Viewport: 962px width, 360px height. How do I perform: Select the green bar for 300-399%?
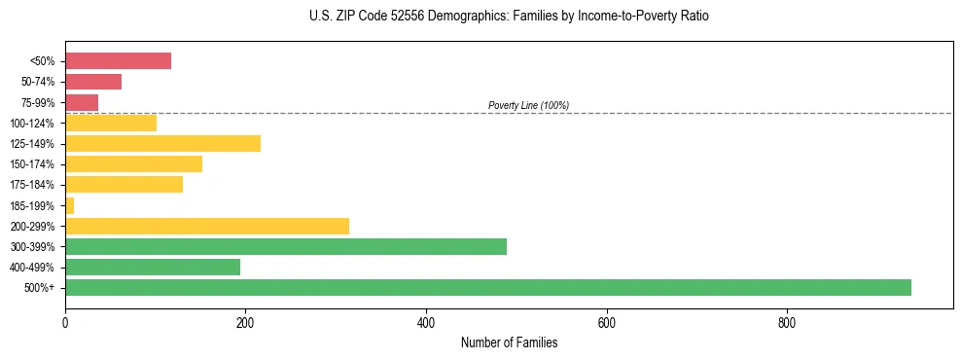(286, 246)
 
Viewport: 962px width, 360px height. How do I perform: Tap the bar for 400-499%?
(153, 267)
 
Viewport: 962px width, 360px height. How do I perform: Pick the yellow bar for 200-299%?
(207, 226)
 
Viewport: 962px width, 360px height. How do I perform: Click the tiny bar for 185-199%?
(70, 205)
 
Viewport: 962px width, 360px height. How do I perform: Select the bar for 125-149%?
(162, 144)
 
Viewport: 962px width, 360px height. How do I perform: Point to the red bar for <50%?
(118, 61)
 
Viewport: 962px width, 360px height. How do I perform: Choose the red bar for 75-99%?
(82, 102)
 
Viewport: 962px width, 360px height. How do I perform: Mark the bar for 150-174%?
(133, 164)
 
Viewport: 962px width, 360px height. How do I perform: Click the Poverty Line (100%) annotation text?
(528, 105)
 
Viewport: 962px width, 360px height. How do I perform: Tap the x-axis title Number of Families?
(509, 342)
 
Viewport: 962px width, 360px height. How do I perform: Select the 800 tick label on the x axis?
(787, 321)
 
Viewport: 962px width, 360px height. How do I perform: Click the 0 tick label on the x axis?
(65, 321)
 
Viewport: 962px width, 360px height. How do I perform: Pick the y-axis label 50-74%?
(37, 82)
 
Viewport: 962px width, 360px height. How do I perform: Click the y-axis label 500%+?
(41, 288)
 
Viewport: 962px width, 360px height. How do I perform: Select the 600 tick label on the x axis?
(607, 321)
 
